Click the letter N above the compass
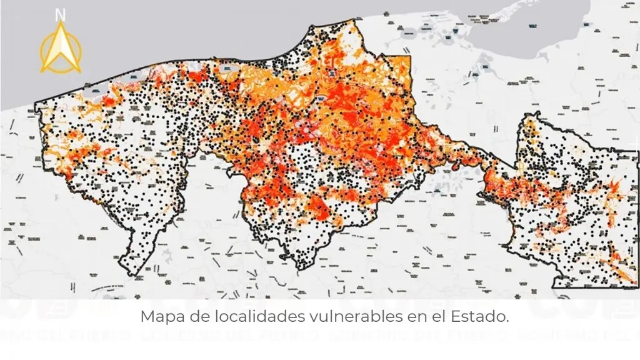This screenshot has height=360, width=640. click(x=60, y=14)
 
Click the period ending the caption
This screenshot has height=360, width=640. click(x=507, y=320)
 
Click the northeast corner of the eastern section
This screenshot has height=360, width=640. click(x=637, y=151)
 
